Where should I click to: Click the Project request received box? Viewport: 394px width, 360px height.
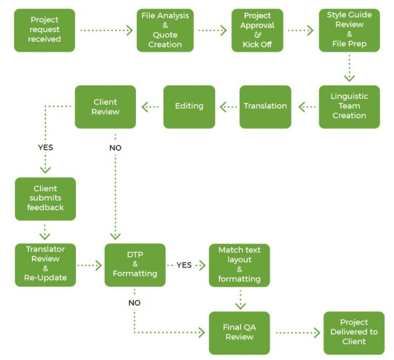click(x=45, y=30)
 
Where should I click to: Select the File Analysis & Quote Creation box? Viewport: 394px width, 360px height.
click(x=165, y=30)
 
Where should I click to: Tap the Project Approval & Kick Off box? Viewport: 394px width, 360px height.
click(x=258, y=30)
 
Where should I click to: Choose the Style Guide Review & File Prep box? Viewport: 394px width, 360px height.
click(x=349, y=30)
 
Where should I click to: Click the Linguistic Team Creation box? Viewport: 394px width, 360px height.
click(x=349, y=106)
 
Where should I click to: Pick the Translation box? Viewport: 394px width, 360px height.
click(x=265, y=106)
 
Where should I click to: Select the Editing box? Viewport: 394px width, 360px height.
click(x=189, y=106)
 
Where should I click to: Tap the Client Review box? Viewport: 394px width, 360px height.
click(x=105, y=106)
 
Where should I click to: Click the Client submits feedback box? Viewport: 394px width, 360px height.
click(x=45, y=199)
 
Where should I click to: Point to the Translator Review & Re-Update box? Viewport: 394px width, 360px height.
click(x=45, y=265)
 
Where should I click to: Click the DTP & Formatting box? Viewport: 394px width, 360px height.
click(x=135, y=265)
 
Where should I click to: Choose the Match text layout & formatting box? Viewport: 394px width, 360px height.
click(x=240, y=265)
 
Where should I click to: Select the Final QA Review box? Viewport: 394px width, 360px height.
click(x=240, y=332)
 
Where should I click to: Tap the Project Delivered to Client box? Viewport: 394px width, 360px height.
click(x=354, y=332)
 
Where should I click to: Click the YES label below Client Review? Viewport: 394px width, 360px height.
click(x=45, y=147)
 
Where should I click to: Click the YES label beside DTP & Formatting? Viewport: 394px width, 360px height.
click(x=184, y=265)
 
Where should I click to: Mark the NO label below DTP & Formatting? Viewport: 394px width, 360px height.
click(x=134, y=302)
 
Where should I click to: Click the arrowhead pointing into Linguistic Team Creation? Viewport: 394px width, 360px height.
click(x=349, y=78)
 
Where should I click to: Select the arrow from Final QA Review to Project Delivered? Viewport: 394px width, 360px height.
click(x=298, y=333)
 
